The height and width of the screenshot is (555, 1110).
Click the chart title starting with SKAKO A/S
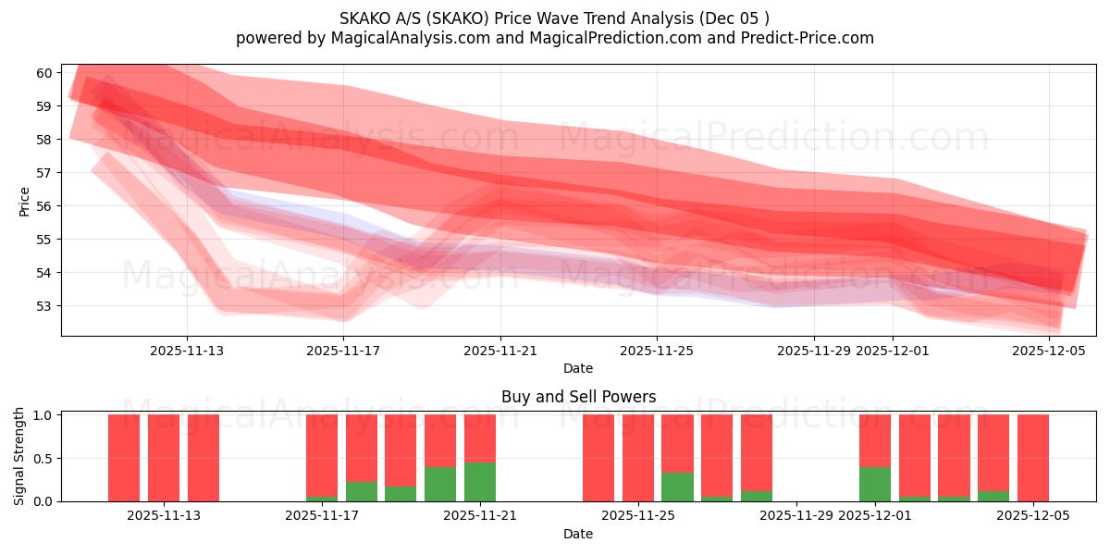pos(554,18)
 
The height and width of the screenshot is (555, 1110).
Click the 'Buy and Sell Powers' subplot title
pos(578,397)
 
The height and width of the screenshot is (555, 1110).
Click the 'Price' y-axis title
pos(25,201)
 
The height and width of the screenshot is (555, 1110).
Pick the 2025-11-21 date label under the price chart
pos(500,351)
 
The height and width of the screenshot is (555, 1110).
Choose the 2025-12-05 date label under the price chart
pos(1049,351)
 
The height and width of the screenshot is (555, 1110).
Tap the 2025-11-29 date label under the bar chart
pos(796,516)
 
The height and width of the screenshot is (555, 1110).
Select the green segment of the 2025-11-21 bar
pos(480,482)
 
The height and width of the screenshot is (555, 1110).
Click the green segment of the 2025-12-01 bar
pos(875,484)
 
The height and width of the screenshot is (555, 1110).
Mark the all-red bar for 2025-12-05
pos(1033,458)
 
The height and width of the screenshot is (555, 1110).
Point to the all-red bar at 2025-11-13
pos(203,458)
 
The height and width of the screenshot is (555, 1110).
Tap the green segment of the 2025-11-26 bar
pos(677,487)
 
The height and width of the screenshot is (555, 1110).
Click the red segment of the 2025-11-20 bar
pos(440,440)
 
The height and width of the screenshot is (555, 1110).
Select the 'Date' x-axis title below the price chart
pos(578,368)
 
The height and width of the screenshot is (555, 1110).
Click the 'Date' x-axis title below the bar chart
pos(578,534)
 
